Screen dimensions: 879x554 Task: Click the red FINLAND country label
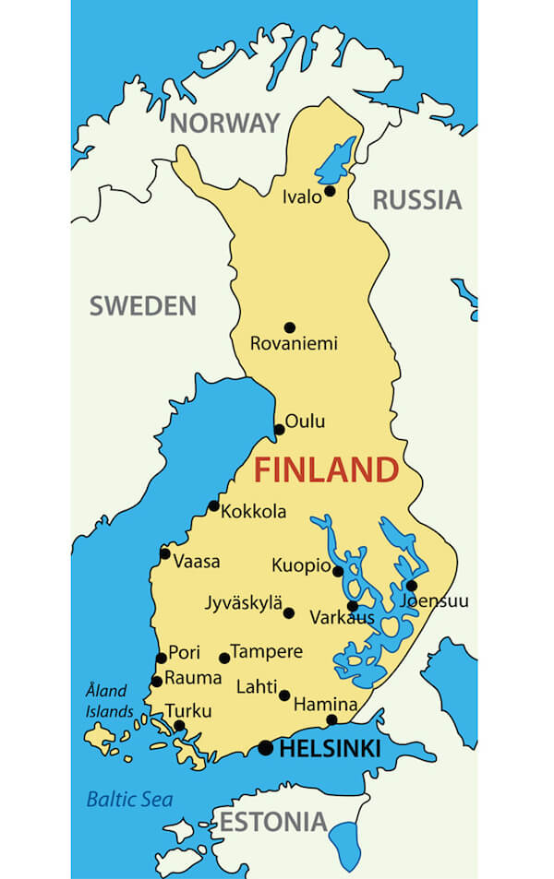click(326, 470)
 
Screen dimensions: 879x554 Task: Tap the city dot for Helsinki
click(266, 748)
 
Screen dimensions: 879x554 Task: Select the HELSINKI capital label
click(330, 750)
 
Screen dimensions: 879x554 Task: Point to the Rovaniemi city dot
click(289, 327)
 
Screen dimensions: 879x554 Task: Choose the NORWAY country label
click(224, 124)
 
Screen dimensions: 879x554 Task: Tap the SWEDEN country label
click(143, 306)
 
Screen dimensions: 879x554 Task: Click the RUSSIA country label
click(416, 199)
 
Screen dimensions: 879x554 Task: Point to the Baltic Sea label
click(129, 800)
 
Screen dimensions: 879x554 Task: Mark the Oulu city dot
click(280, 429)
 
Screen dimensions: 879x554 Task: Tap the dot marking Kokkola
click(214, 505)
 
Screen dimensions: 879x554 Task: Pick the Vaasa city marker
click(165, 553)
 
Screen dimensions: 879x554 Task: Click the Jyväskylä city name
click(244, 604)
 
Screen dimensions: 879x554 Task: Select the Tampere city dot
click(224, 658)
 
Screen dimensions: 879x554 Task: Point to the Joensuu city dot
click(411, 585)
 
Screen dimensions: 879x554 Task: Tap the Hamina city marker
click(331, 719)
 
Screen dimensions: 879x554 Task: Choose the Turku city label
click(188, 711)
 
